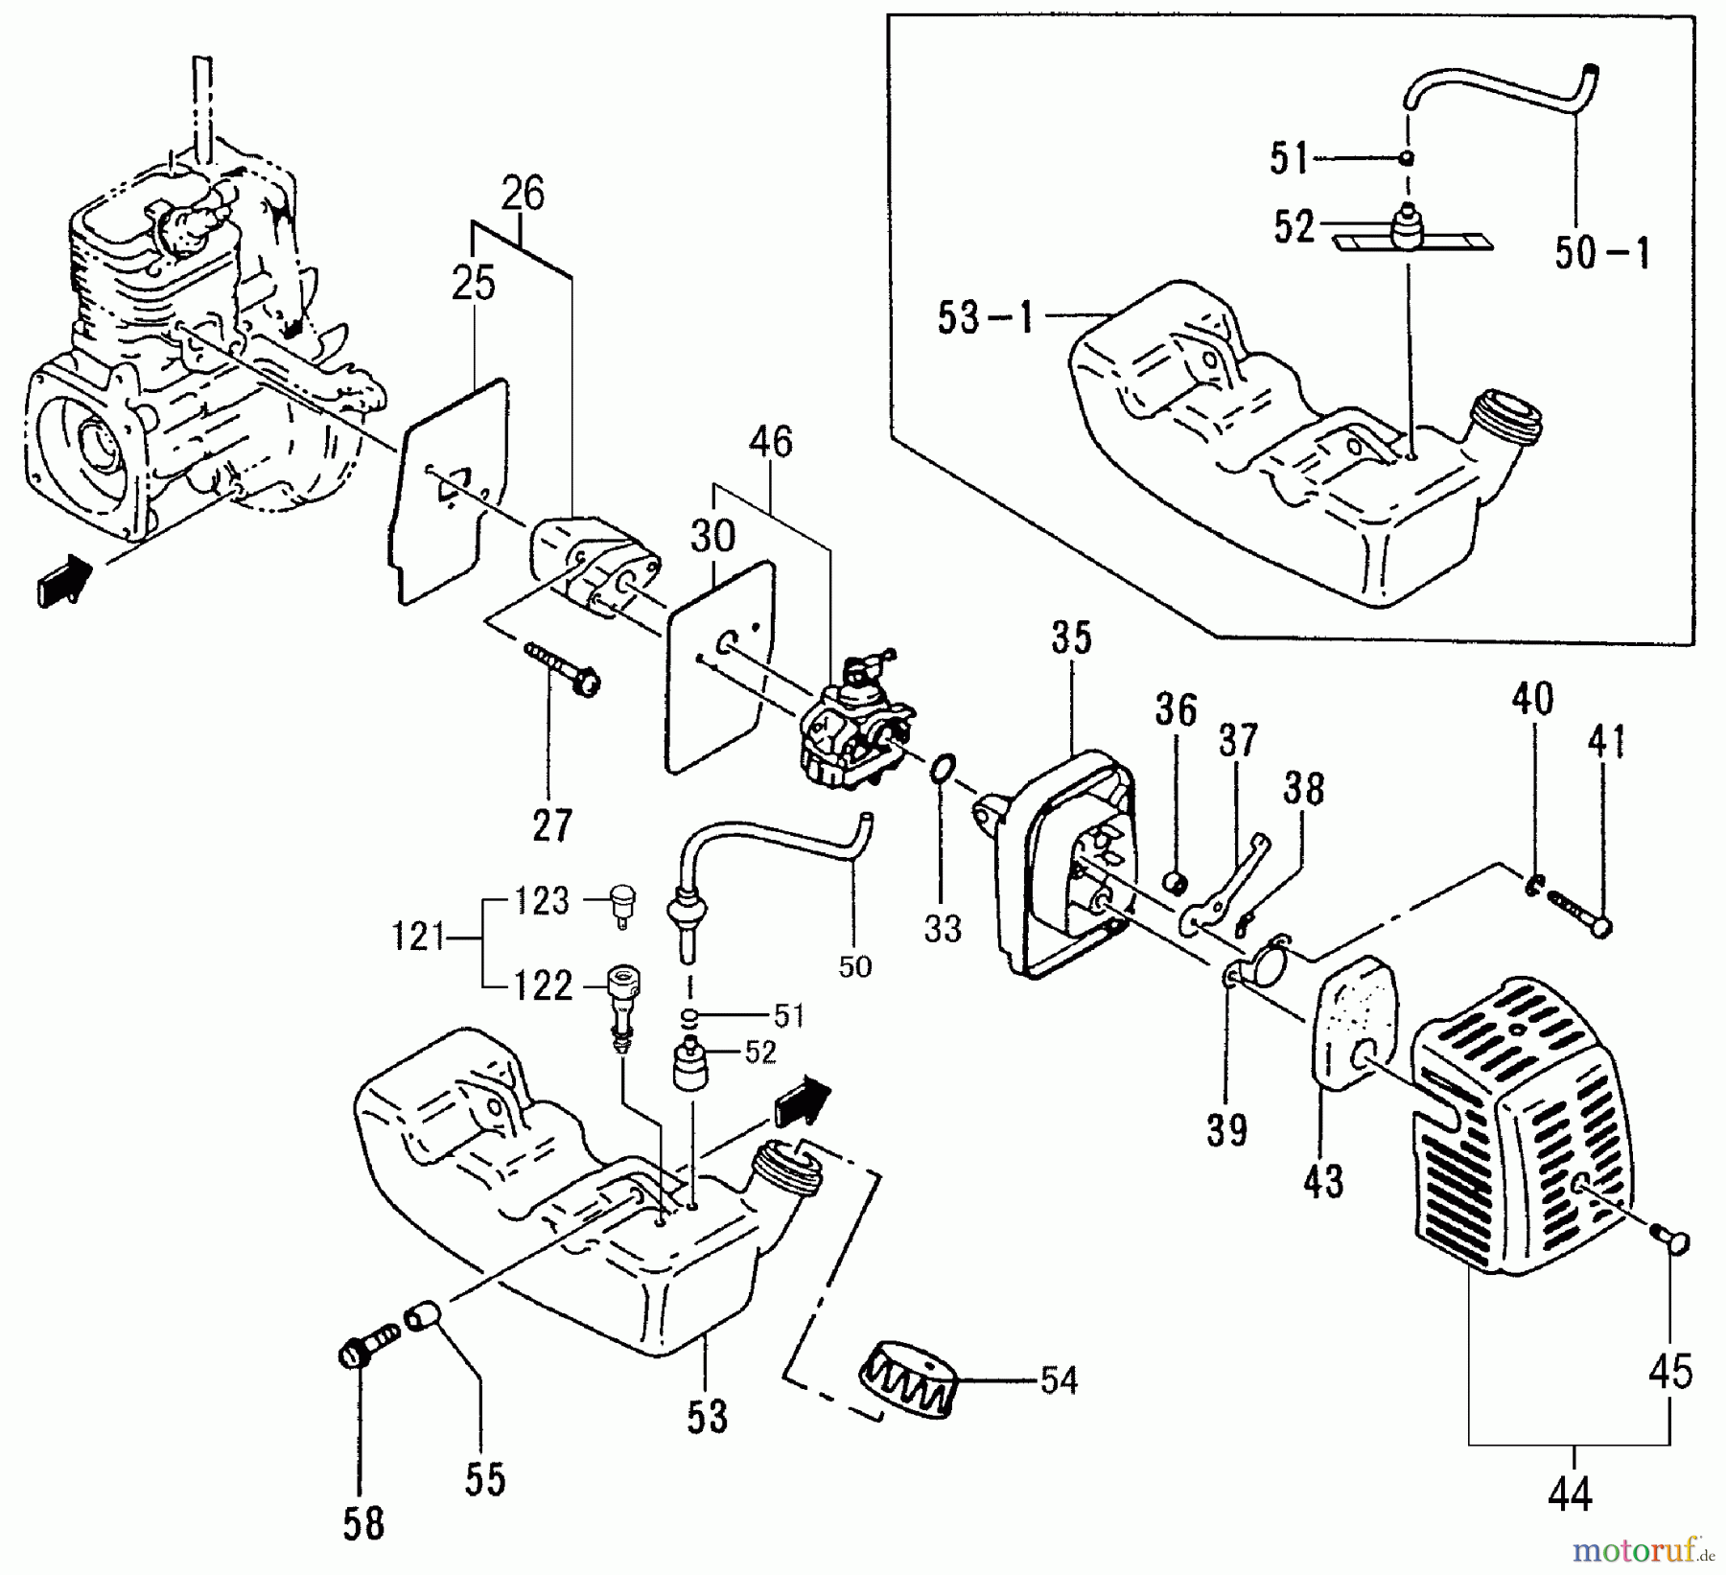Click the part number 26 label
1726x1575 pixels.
[x=523, y=194]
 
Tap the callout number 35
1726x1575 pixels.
[x=1071, y=637]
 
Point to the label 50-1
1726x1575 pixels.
[x=1602, y=253]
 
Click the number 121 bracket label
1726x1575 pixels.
[x=418, y=936]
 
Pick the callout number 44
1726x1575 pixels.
[x=1569, y=1493]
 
